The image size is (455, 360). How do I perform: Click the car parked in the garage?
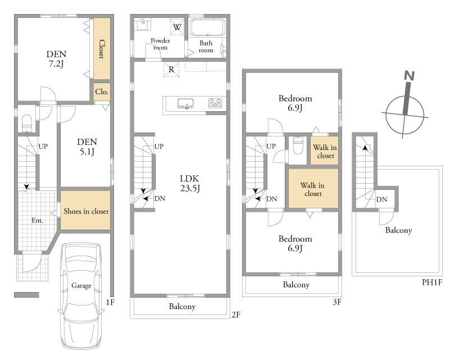(x=81, y=296)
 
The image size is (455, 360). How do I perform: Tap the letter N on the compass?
(x=409, y=76)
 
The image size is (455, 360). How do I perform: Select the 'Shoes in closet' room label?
(x=86, y=212)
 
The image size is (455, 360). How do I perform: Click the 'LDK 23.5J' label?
(x=190, y=183)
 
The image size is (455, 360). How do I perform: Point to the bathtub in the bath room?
(x=207, y=28)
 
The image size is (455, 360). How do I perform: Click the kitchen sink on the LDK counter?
(x=186, y=103)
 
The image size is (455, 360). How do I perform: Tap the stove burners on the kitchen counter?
(x=215, y=103)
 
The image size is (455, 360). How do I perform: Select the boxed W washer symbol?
(x=177, y=27)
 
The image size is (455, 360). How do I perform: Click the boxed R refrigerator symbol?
(x=171, y=69)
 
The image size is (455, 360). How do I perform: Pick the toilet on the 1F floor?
(x=27, y=124)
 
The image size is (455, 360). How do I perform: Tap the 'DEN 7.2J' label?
(x=56, y=58)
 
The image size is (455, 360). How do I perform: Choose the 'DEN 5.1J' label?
(x=87, y=147)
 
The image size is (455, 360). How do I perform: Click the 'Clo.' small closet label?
(x=102, y=92)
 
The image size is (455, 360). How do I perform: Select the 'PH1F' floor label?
(x=432, y=282)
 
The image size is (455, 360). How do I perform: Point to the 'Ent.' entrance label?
(x=38, y=221)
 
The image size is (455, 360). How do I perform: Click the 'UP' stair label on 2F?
(x=159, y=147)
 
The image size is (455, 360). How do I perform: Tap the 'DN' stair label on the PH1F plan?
(x=381, y=199)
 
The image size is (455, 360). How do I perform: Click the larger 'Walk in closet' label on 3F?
(x=312, y=189)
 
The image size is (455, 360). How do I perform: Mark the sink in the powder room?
(x=143, y=24)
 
